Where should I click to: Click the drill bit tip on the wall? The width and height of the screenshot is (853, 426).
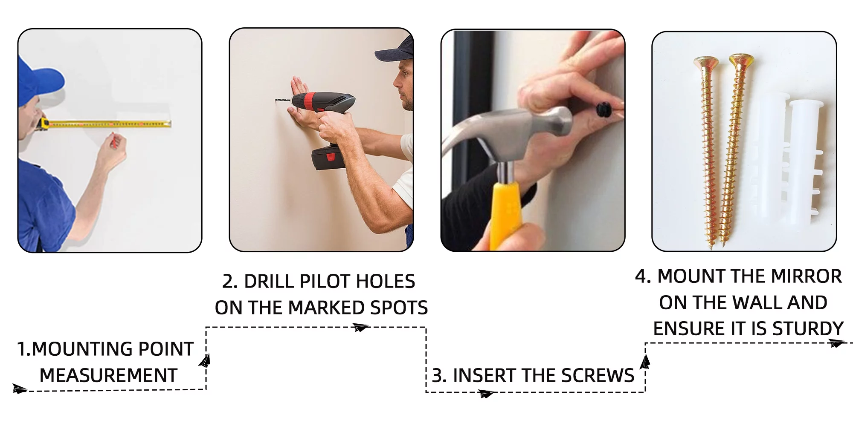(276, 101)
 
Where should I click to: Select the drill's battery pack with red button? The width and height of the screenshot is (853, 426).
(328, 156)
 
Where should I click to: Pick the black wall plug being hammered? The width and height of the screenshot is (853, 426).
(604, 110)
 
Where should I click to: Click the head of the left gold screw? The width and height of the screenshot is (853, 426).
(706, 62)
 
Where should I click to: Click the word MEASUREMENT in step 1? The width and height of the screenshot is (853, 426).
(108, 375)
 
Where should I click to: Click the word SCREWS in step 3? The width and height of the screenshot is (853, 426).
(598, 375)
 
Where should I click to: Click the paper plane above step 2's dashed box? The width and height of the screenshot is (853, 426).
(360, 327)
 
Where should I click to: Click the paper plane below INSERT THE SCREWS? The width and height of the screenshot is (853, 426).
(486, 394)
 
